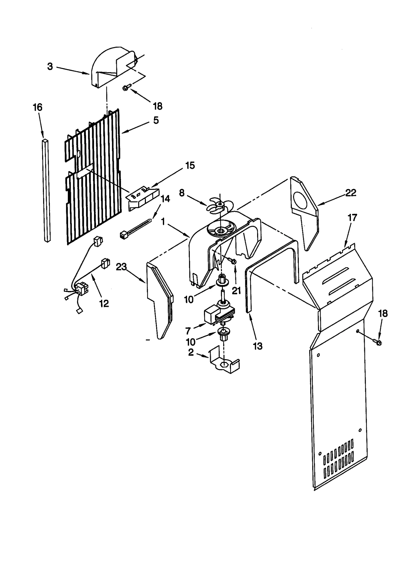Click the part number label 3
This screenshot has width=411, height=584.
[x=50, y=67]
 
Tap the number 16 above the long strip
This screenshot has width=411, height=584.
[x=38, y=107]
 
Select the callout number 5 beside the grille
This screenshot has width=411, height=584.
[x=156, y=120]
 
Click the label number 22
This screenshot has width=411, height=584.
[x=351, y=193]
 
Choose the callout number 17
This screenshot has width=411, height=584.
[x=352, y=218]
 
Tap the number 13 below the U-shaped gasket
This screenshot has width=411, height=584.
[x=257, y=346]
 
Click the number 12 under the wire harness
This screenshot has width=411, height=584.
[x=104, y=304]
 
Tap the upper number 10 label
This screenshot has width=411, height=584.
[x=189, y=299]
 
